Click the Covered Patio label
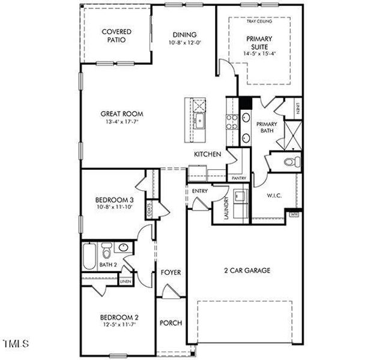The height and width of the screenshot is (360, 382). click(117, 36)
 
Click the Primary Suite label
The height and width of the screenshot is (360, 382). click(259, 42)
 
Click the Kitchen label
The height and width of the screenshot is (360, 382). click(208, 155)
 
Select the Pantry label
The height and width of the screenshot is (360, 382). click(238, 178)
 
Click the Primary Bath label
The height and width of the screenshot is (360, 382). click(267, 128)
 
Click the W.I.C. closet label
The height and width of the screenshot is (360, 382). click(274, 196)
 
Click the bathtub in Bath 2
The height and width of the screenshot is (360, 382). click(88, 256)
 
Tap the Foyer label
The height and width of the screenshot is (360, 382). click(171, 273)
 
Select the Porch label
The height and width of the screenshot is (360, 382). click(171, 323)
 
